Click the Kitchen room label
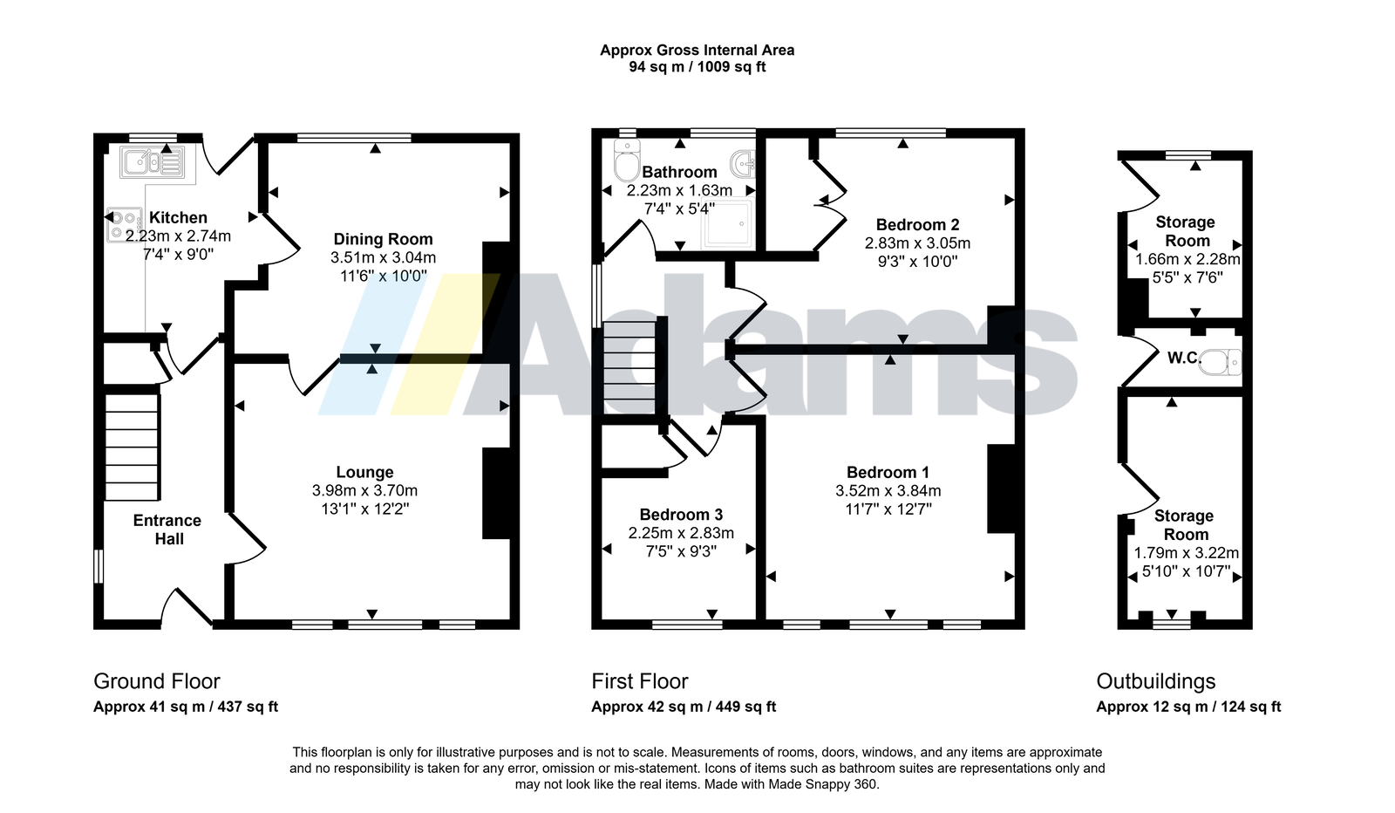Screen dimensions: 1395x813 [x=178, y=217]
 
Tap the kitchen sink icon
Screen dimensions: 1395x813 [x=152, y=163]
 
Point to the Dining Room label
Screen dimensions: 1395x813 [x=383, y=239]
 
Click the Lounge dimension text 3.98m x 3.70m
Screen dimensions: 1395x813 [x=365, y=491]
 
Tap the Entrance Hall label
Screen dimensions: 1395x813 [x=167, y=529]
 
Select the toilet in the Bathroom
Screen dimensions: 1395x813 [x=627, y=161]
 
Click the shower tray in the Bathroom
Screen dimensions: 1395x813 [x=729, y=224]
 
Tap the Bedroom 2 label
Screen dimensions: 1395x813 [x=917, y=225]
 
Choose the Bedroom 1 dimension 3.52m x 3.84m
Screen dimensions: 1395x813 [x=888, y=491]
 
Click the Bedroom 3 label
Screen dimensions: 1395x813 [x=681, y=515]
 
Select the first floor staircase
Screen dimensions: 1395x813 [x=629, y=367]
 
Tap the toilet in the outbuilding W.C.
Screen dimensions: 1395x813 [x=1221, y=362]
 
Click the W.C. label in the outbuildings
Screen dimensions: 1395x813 [x=1184, y=359]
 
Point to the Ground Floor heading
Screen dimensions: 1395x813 [x=157, y=681]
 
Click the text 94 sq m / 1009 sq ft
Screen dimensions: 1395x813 [x=697, y=67]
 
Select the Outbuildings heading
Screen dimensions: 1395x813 [x=1156, y=681]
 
